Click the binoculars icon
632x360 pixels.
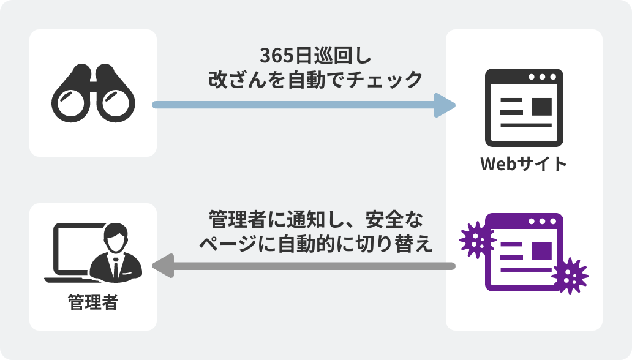pyautogui.click(x=93, y=93)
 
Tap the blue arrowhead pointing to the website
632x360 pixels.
pyautogui.click(x=445, y=105)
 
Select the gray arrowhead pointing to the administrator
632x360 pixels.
pyautogui.click(x=162, y=266)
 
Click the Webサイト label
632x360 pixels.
pyautogui.click(x=524, y=164)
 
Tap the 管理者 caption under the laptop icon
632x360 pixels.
pyautogui.click(x=92, y=302)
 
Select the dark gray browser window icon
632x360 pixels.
pyautogui.click(x=524, y=107)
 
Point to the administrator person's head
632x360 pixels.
pyautogui.click(x=116, y=236)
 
